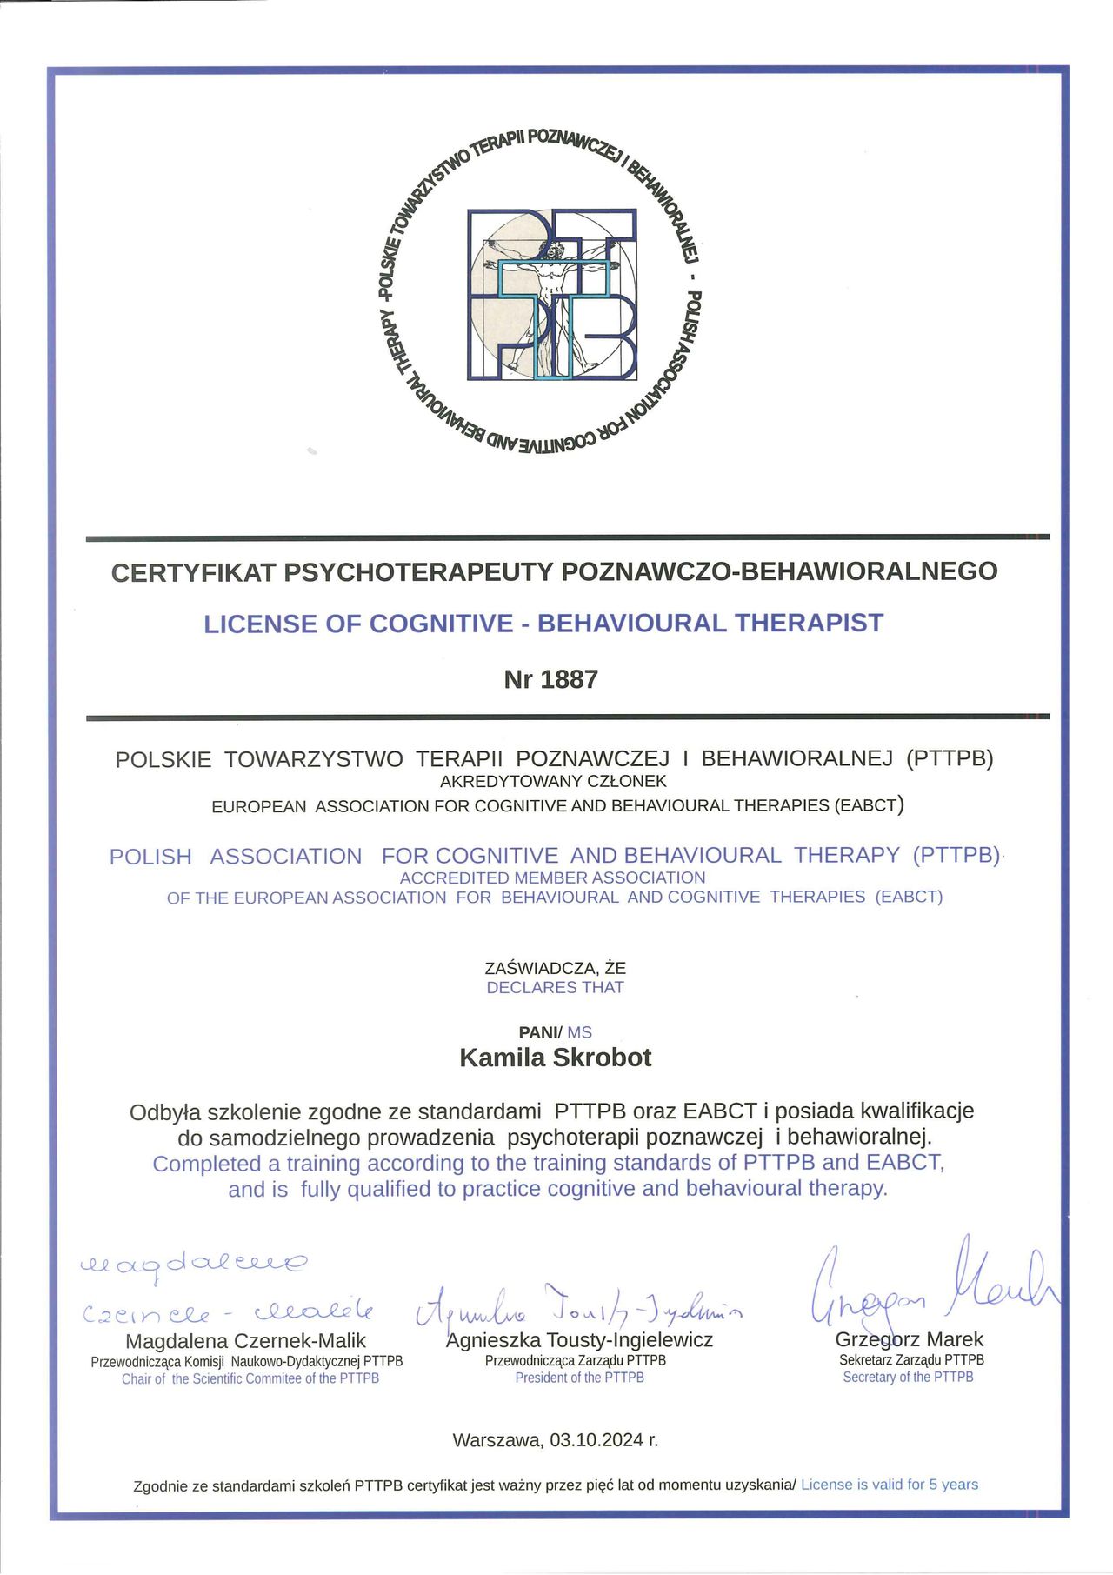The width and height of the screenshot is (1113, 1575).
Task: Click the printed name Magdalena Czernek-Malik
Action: coord(245,1341)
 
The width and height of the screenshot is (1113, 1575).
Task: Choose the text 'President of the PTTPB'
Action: coord(579,1378)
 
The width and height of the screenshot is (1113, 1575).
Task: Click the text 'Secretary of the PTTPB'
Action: coord(908,1377)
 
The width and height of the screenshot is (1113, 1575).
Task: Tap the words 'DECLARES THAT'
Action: coord(555,987)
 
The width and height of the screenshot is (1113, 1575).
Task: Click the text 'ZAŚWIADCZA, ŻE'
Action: coord(555,967)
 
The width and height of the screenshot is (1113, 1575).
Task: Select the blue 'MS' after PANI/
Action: coord(579,1032)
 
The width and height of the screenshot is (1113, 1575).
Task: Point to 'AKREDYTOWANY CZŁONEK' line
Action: coord(553,781)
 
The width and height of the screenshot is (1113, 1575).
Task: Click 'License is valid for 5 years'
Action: coord(890,1485)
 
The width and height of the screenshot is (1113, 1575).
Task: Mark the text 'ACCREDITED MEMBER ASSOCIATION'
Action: coord(553,878)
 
